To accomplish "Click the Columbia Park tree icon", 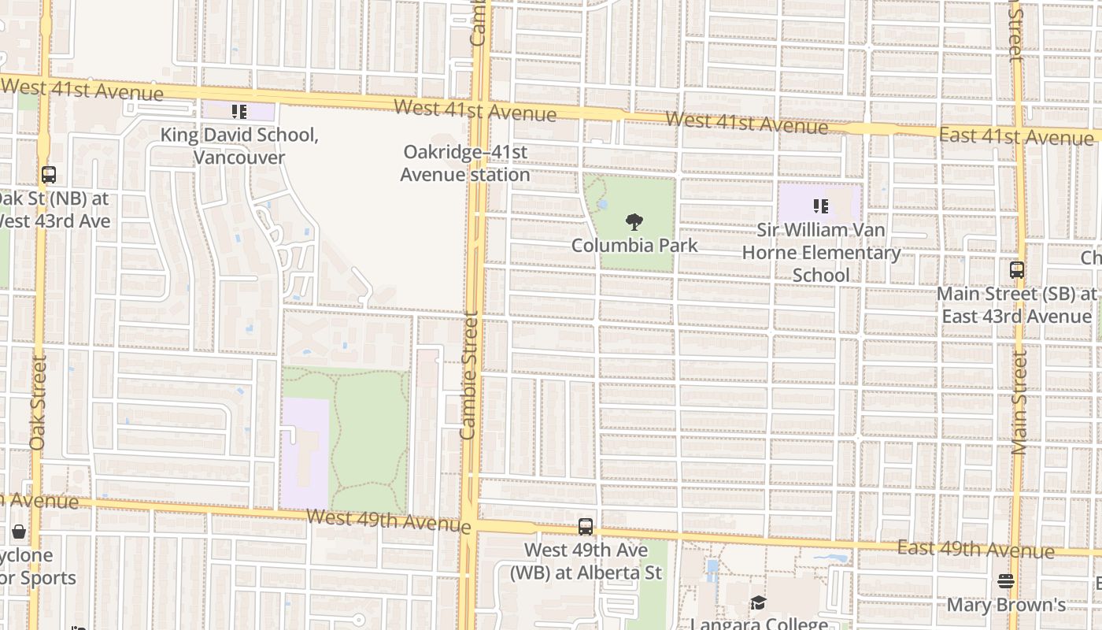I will click(x=634, y=222).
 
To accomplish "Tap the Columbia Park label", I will click(x=634, y=246).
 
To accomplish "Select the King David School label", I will click(x=239, y=146).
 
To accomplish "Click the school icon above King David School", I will click(x=239, y=112).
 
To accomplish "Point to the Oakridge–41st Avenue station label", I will click(x=464, y=163).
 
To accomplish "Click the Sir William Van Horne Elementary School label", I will click(x=821, y=253).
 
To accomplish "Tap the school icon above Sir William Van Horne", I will click(x=820, y=206).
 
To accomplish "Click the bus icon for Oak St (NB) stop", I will click(x=49, y=175).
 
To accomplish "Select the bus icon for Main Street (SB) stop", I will click(x=1016, y=270).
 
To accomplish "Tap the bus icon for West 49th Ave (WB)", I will click(x=585, y=527).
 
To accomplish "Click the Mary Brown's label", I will click(x=1006, y=605).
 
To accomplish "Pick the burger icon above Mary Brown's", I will click(x=1005, y=582).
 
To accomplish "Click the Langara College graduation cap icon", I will click(x=757, y=602).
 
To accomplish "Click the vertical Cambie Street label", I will click(x=469, y=375).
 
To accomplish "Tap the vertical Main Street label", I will click(x=1019, y=403).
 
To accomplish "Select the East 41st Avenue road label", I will click(x=1015, y=136).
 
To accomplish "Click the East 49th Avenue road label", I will click(x=975, y=550).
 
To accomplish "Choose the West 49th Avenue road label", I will click(x=389, y=521).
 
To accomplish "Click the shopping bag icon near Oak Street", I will click(x=19, y=532).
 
